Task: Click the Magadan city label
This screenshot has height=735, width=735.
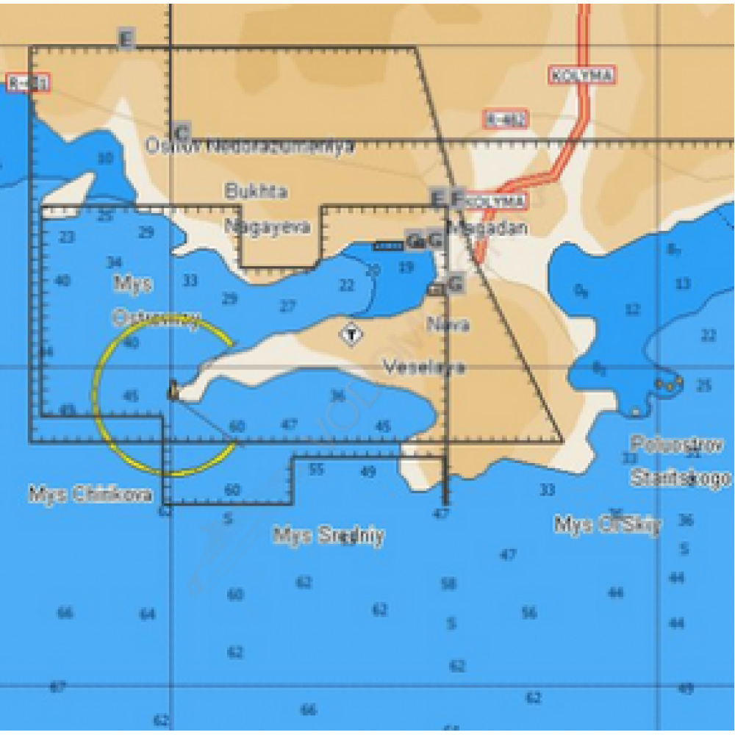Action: point(488,227)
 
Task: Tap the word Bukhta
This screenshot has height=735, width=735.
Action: point(256,192)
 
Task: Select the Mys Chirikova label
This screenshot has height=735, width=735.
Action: point(90,494)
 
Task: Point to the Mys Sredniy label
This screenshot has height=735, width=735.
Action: point(329,536)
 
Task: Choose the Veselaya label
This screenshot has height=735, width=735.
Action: point(425,367)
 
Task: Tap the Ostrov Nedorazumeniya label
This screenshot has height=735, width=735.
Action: point(249,146)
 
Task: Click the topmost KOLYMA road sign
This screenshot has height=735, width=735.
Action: point(581,75)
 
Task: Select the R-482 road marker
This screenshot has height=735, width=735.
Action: point(506,119)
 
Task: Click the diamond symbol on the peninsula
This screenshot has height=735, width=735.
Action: point(352,335)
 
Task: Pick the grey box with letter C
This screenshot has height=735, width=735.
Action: point(182,133)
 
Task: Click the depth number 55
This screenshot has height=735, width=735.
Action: point(316,469)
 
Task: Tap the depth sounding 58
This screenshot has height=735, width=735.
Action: point(448,584)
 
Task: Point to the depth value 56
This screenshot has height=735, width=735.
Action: point(529,613)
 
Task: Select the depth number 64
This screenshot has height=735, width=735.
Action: point(148,613)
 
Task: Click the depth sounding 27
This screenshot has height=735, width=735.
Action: point(287,306)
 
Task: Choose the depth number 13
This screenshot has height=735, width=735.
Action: point(683,284)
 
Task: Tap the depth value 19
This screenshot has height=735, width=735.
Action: point(406,268)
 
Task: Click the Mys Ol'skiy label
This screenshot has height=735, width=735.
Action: point(607,525)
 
